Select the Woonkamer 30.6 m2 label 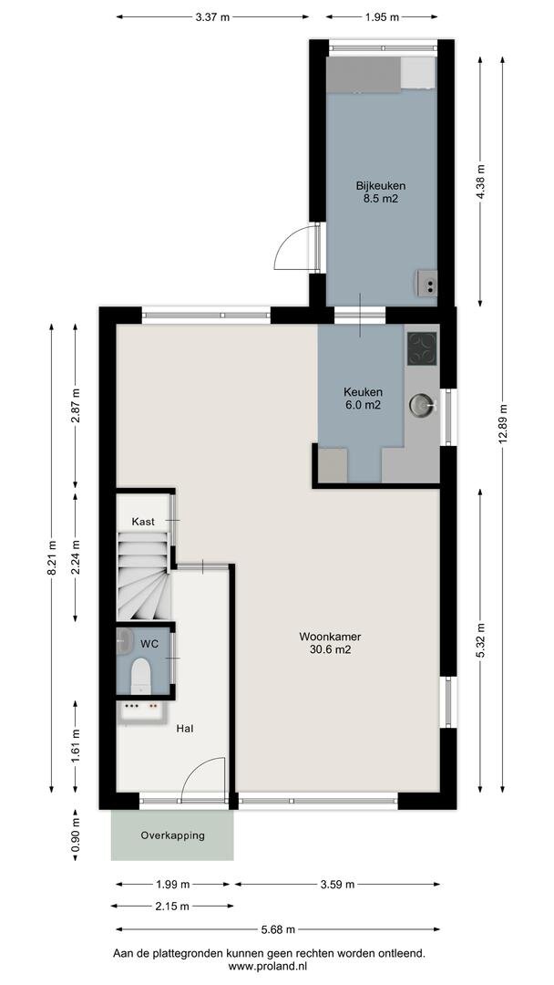tap(324, 643)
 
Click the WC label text tap(148, 644)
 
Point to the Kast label tap(143, 521)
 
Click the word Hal tap(185, 728)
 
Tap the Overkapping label tap(172, 835)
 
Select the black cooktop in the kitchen tap(422, 347)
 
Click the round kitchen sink tap(422, 403)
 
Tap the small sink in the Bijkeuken tap(426, 284)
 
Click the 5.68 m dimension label tap(278, 930)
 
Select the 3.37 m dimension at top tap(212, 16)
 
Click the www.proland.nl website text tap(268, 966)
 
